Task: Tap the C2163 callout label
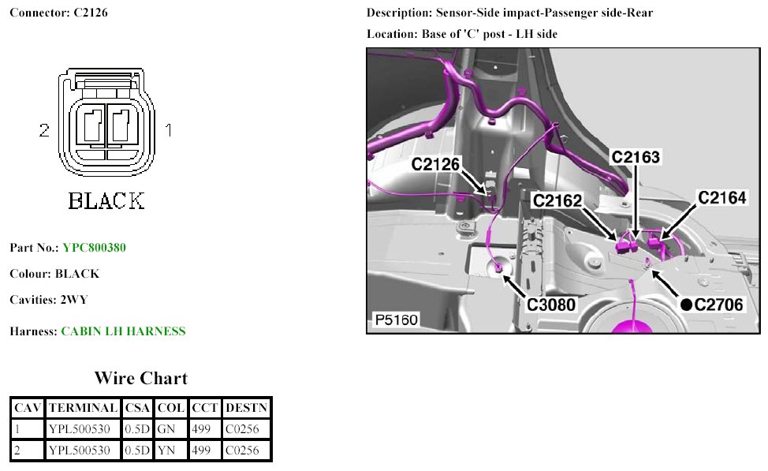(636, 157)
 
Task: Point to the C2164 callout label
(721, 197)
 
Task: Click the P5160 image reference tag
(395, 320)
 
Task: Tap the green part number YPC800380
(94, 248)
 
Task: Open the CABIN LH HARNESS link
(123, 331)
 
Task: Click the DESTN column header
(246, 408)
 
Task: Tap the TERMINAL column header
(83, 408)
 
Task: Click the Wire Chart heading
(141, 378)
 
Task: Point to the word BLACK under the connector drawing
(106, 201)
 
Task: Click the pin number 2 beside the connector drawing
(44, 130)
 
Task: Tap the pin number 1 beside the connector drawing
(168, 129)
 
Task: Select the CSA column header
(137, 408)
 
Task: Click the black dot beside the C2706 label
(686, 304)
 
